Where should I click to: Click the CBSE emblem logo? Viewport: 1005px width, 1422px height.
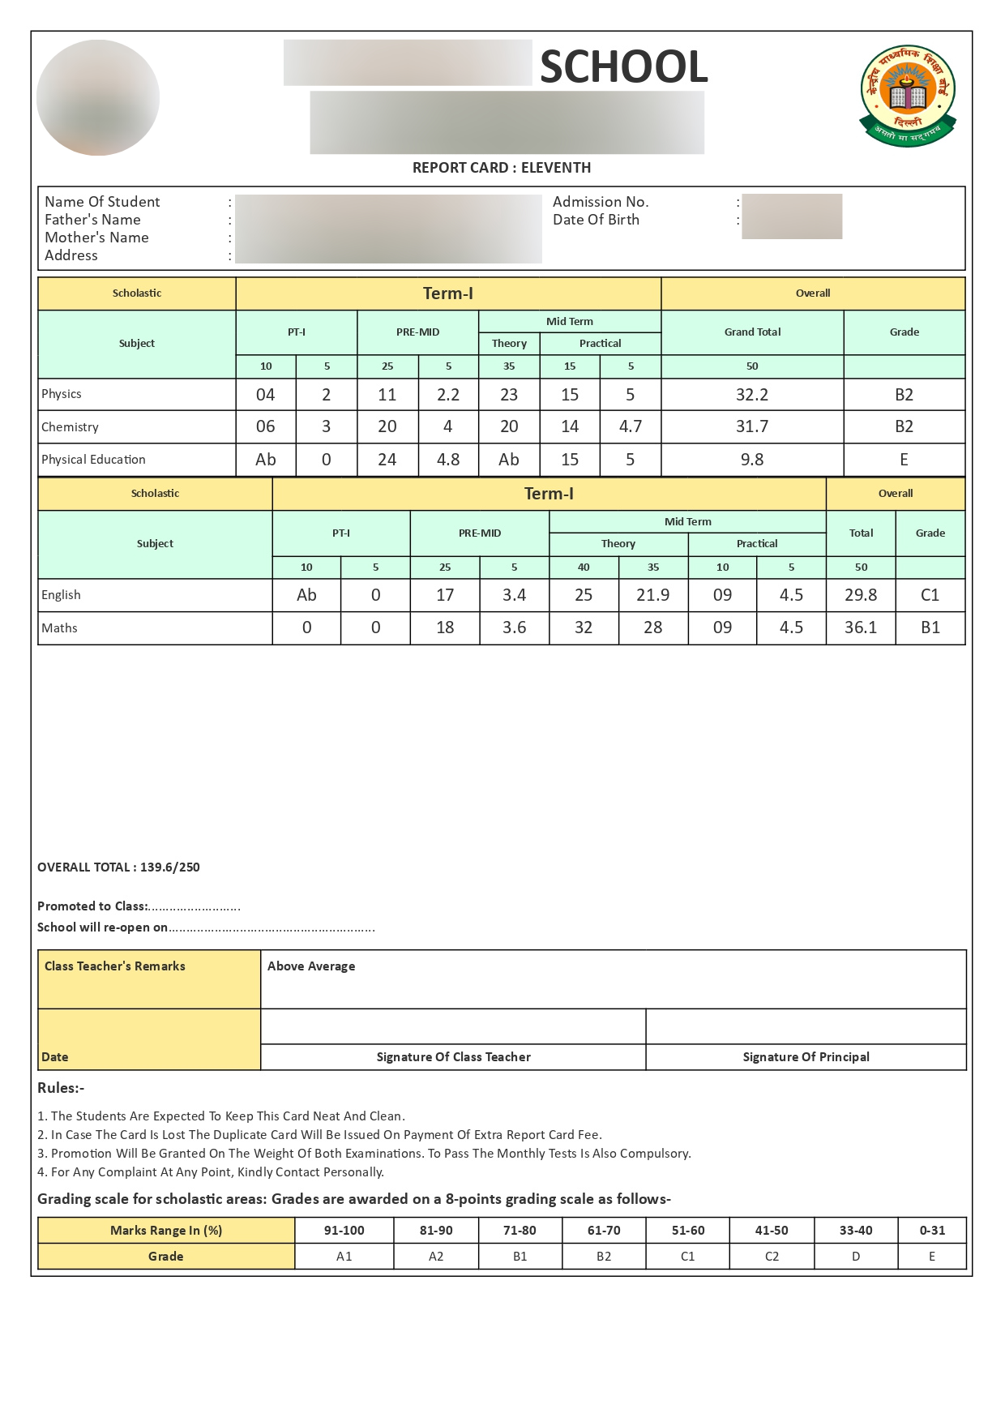pyautogui.click(x=908, y=96)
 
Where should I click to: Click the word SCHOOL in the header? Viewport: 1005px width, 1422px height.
pyautogui.click(x=623, y=66)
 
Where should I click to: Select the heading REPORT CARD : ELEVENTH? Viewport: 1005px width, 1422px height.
pyautogui.click(x=502, y=168)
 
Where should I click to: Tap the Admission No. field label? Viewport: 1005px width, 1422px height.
pyautogui.click(x=601, y=202)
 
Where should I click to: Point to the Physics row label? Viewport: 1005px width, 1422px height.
pyautogui.click(x=62, y=394)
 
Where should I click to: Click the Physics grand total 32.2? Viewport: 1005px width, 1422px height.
pyautogui.click(x=752, y=395)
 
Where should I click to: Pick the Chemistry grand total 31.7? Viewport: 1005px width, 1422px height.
pyautogui.click(x=752, y=426)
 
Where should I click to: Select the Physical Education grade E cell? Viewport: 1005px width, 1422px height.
pyautogui.click(x=904, y=460)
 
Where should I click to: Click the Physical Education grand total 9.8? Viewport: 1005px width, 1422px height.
pyautogui.click(x=752, y=460)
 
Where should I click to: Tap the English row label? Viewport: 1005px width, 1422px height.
pyautogui.click(x=61, y=595)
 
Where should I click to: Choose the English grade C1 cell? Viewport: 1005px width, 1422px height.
pyautogui.click(x=930, y=595)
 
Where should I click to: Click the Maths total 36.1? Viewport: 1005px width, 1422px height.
pyautogui.click(x=861, y=627)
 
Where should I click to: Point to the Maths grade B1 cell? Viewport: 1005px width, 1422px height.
pyautogui.click(x=930, y=627)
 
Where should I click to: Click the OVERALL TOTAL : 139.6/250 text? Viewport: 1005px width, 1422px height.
pyautogui.click(x=118, y=867)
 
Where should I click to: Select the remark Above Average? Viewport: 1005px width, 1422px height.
pyautogui.click(x=311, y=966)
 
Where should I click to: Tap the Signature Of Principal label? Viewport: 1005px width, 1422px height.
pyautogui.click(x=806, y=1057)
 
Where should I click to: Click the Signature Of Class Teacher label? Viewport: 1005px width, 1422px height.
pyautogui.click(x=453, y=1057)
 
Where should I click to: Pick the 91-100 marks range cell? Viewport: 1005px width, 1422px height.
pyautogui.click(x=344, y=1231)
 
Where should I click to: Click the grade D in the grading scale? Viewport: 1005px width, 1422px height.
pyautogui.click(x=856, y=1257)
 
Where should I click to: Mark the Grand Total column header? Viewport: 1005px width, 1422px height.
pyautogui.click(x=752, y=332)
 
